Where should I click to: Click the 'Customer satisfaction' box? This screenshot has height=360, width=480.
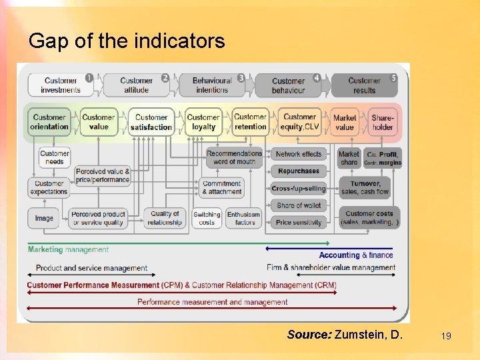pos(151,122)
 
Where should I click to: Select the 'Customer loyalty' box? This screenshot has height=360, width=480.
pos(203,122)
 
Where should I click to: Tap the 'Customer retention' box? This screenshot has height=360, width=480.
pos(251,122)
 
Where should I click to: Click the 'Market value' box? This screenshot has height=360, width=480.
pos(345,122)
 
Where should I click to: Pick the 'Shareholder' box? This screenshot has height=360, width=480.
pos(383,122)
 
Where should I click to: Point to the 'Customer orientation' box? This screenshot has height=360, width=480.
pos(49,122)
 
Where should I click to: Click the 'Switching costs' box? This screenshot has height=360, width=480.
pos(207,219)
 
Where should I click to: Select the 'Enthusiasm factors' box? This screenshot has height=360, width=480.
pos(245,219)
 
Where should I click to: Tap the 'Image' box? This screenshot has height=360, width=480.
pos(44,218)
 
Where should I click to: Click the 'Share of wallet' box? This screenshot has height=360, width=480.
pos(299,205)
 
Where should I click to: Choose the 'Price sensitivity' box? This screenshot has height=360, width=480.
pos(299,223)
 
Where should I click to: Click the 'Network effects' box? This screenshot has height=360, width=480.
pos(299,154)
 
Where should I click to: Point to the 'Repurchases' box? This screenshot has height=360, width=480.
pos(299,171)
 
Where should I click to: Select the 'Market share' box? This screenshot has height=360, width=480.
pos(349,158)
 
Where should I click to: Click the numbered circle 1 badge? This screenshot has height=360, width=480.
pos(89,77)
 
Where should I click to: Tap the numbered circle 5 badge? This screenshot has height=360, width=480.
pos(393,77)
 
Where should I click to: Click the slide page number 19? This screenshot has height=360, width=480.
pos(446,336)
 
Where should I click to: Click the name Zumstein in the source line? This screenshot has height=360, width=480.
pos(361,334)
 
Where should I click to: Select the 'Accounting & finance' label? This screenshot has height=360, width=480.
pos(356,255)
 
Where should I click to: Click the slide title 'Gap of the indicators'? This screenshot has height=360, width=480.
pos(127,41)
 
